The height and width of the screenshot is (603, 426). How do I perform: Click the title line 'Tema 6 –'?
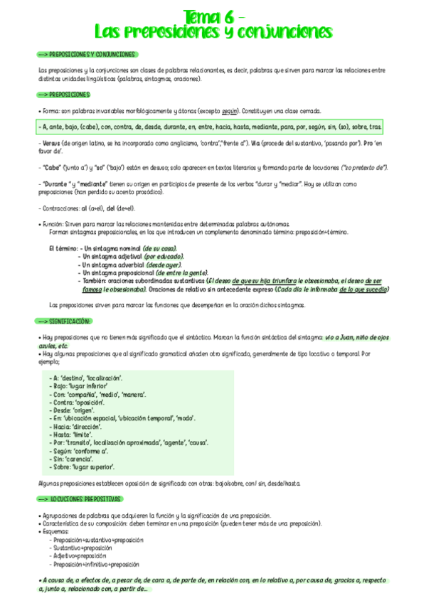(214, 16)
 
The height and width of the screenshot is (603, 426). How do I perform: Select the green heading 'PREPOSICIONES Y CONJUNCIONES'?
(91, 54)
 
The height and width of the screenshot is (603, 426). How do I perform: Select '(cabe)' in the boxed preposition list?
(89, 127)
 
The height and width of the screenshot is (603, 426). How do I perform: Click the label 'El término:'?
(63, 248)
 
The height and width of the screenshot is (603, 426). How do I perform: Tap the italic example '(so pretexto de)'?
(364, 167)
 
